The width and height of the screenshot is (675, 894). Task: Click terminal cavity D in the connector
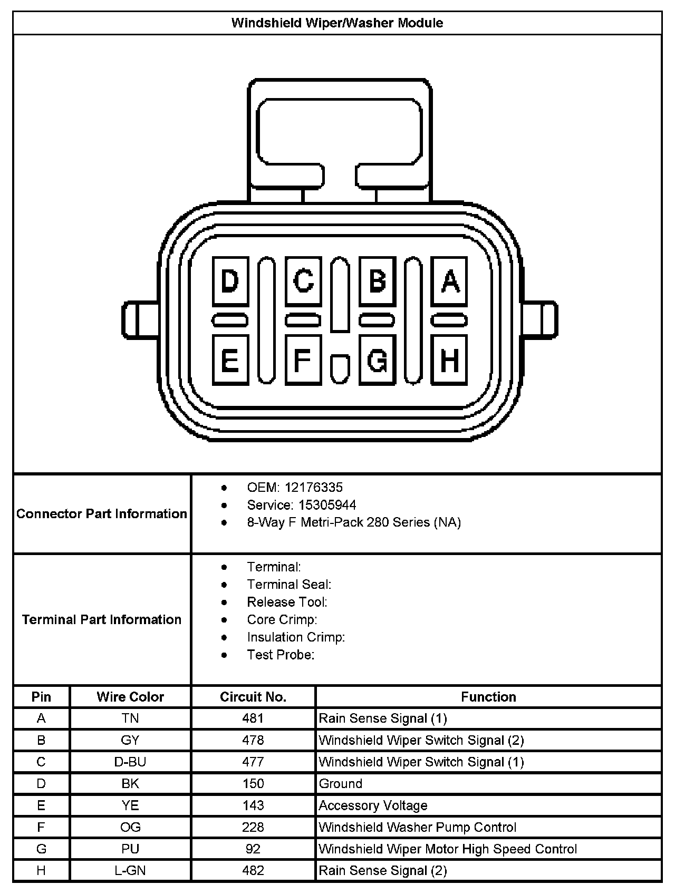point(230,281)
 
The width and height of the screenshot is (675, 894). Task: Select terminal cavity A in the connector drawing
point(449,281)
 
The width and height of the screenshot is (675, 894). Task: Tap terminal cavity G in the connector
point(377,360)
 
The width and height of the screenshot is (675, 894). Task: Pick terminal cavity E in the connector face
point(230,360)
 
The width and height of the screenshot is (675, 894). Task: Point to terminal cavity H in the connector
point(449,360)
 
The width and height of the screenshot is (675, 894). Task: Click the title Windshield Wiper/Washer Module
point(337,23)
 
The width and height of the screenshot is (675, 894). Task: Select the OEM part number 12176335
point(313,488)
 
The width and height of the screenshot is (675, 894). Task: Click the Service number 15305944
point(327,505)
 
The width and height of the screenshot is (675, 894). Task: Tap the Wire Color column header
point(130,697)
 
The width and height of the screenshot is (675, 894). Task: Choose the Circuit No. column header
point(253,697)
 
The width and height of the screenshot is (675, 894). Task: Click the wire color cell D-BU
point(130,762)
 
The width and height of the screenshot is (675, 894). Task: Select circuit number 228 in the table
point(253,827)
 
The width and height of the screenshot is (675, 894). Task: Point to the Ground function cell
point(341,784)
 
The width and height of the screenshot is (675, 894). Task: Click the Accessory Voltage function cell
point(373,805)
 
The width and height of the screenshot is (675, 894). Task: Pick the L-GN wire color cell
point(130,870)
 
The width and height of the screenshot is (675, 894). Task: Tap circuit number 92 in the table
point(253,849)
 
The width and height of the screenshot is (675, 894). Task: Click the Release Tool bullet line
point(287,602)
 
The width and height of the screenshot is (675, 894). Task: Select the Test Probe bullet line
point(281,655)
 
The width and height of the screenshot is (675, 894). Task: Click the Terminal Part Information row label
point(102,619)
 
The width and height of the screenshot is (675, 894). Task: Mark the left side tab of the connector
point(139,319)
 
